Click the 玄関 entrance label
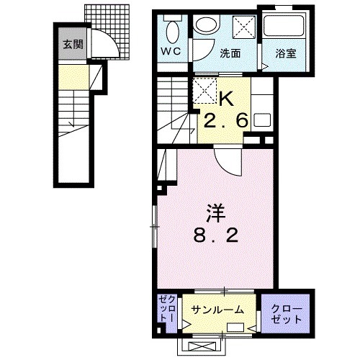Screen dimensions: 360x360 point(73,45)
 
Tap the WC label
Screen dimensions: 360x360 point(171,51)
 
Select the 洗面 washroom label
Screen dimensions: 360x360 point(230,53)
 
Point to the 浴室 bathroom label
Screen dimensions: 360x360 point(286,53)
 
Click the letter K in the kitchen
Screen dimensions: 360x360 point(227,99)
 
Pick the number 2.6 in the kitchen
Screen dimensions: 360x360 point(225,120)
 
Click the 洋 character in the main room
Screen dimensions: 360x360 point(216,213)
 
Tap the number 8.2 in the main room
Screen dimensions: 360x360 point(216,235)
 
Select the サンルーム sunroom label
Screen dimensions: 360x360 point(217,310)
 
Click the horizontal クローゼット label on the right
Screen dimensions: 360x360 point(287,314)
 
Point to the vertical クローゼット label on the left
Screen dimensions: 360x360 point(167,308)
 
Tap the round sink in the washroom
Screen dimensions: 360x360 point(207,23)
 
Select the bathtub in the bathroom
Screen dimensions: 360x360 point(284,26)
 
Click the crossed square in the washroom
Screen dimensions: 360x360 point(244,27)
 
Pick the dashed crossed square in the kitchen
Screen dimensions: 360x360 point(204,91)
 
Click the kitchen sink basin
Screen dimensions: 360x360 point(262,120)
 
